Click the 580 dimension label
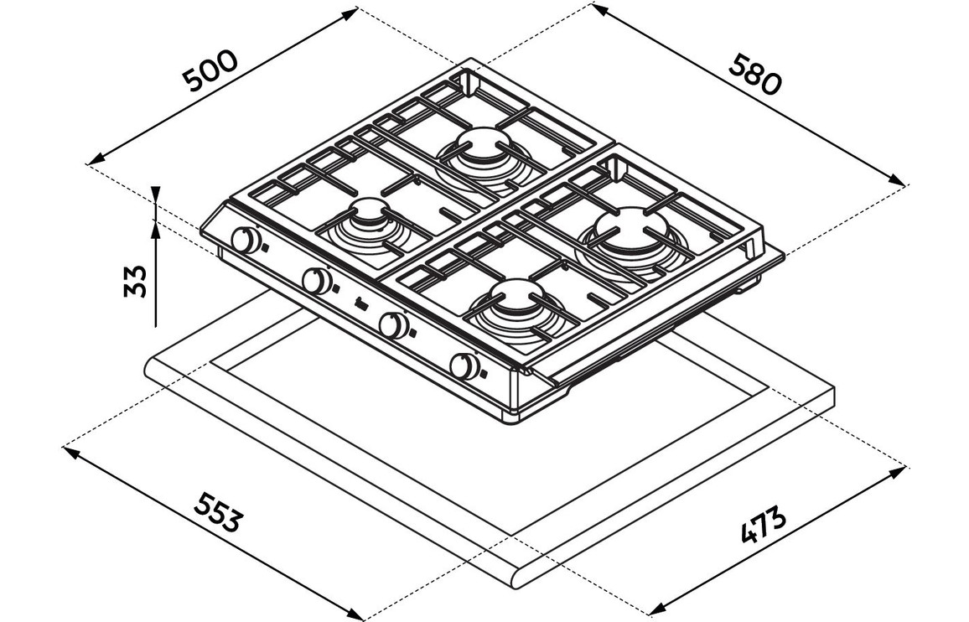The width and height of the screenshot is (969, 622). point(754,75)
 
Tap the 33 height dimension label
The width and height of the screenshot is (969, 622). point(135,282)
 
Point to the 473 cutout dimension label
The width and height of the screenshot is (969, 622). point(764,524)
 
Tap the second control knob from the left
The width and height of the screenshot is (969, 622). point(316,281)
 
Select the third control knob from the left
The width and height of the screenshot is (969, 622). point(392,324)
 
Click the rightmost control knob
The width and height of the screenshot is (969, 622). point(464,366)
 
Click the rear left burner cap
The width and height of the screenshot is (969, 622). point(484,143)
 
